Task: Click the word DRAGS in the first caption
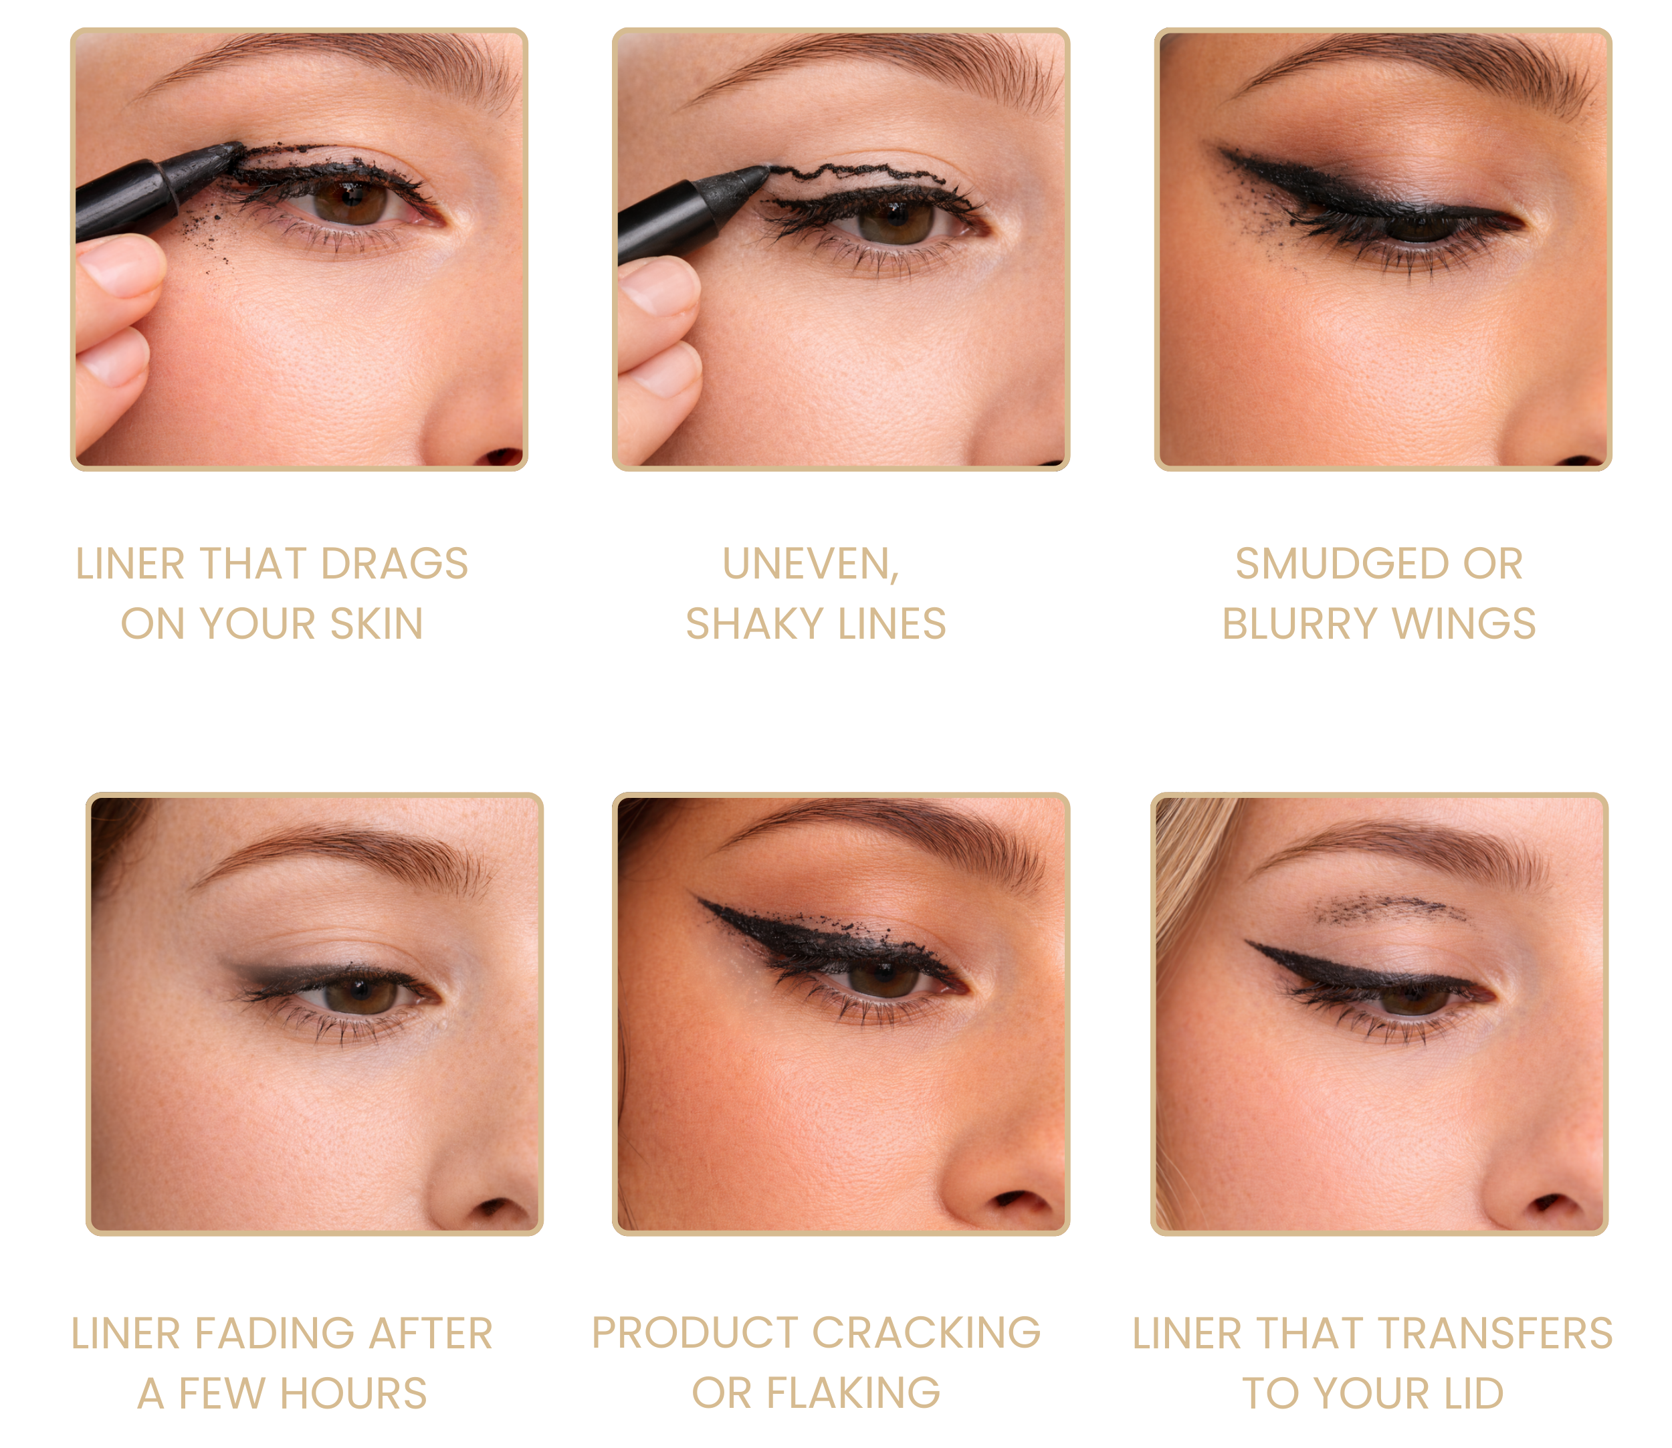click(395, 563)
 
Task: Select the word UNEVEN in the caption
click(811, 564)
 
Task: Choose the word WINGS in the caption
click(1463, 624)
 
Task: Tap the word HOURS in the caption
click(353, 1394)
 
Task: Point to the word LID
click(1474, 1394)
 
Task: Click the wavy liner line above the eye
click(857, 172)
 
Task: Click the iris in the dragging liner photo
click(350, 201)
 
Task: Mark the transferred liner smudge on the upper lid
click(1390, 909)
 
